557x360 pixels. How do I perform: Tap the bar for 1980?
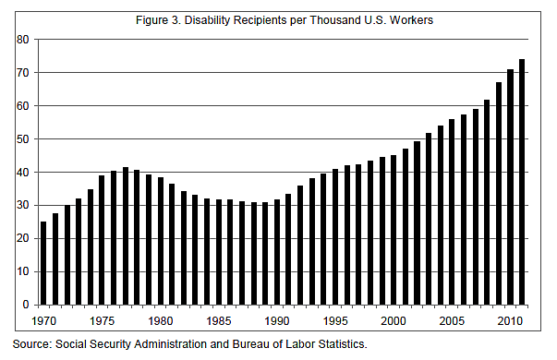click(160, 241)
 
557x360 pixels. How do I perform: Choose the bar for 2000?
click(394, 230)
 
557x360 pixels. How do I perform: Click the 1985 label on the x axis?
click(218, 321)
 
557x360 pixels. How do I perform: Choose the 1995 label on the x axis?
click(334, 321)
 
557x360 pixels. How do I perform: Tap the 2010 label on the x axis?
click(510, 321)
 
